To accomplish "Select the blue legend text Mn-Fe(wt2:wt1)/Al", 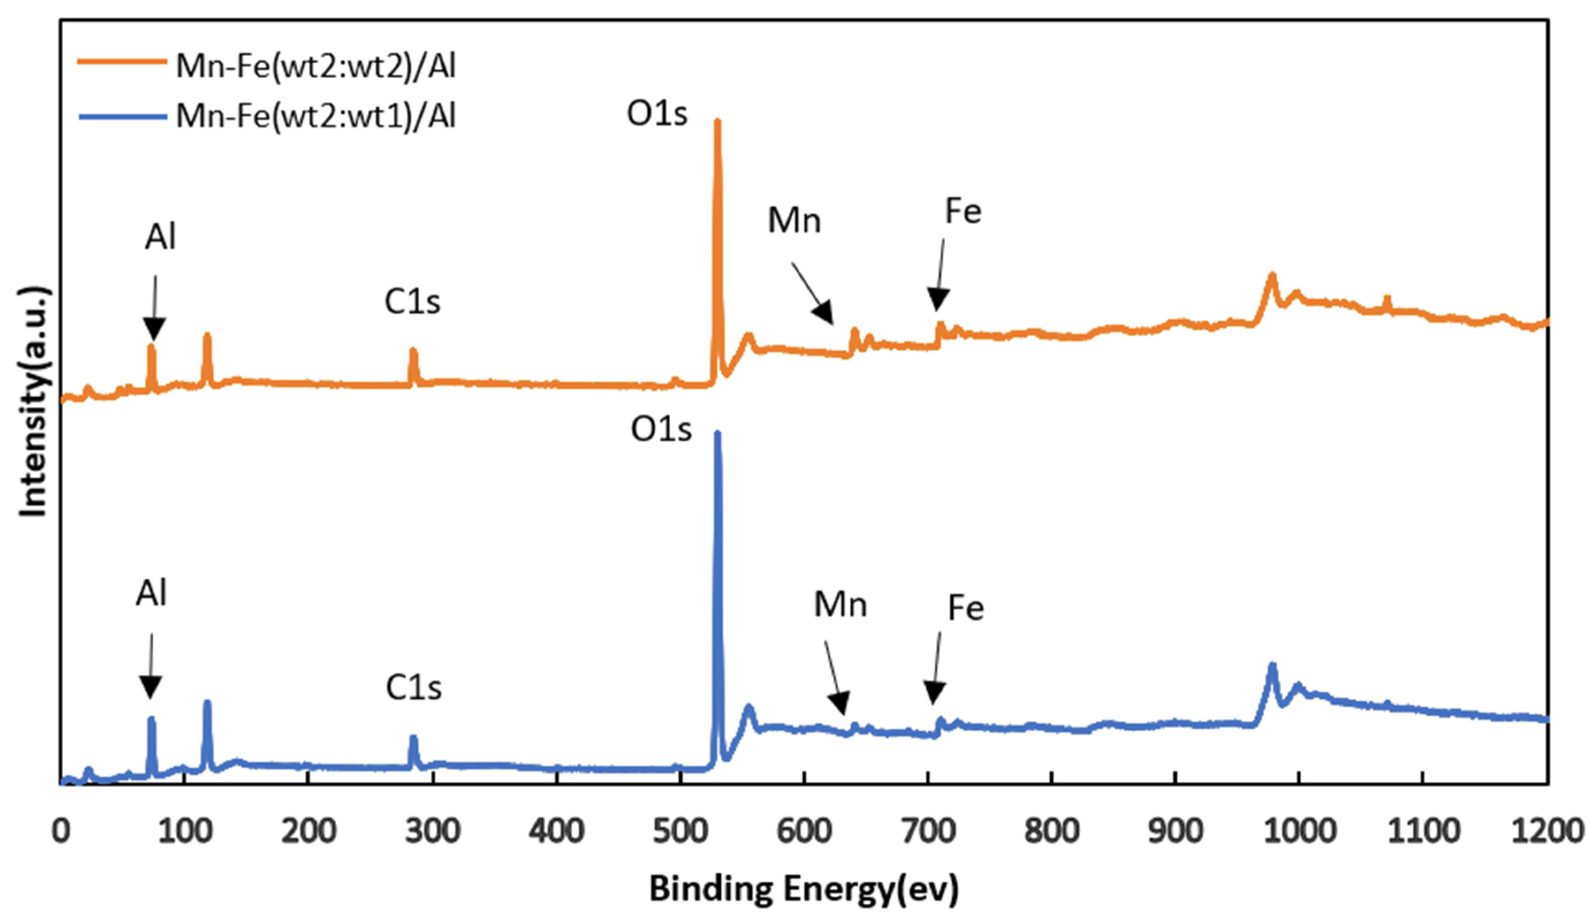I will coord(315,116).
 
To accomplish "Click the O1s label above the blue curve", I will coord(661,430).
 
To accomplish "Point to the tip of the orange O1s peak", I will coord(717,122).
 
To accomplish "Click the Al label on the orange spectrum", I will coord(160,238).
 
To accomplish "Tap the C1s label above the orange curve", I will coord(412,302).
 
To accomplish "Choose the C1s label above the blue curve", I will coord(414,688).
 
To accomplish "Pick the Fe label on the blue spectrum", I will coord(966,608).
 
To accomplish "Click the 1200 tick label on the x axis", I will coord(1548,831).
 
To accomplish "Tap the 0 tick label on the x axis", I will coord(61,831).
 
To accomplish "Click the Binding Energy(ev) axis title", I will coord(804,889).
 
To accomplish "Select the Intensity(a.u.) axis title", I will coord(33,403).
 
